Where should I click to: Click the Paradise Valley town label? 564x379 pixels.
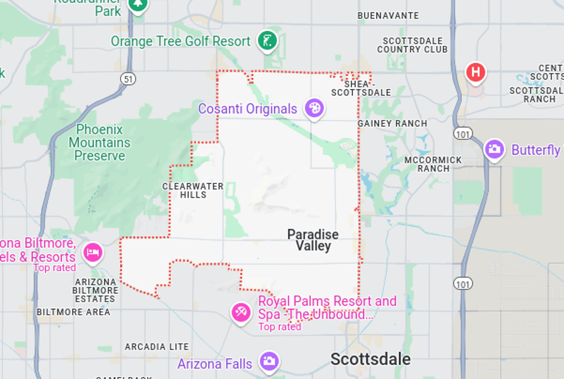point(312,240)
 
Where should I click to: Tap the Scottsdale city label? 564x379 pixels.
point(370,359)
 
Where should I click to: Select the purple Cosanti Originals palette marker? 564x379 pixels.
point(314,108)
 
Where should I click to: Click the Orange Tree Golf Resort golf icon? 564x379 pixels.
point(267,40)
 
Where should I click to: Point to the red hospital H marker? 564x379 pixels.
point(475,72)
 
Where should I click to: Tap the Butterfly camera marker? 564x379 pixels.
point(494,149)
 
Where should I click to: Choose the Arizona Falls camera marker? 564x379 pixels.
point(269,361)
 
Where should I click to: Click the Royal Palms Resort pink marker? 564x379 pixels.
point(241,312)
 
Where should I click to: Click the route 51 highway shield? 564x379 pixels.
point(129,80)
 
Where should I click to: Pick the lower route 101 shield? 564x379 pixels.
point(463,283)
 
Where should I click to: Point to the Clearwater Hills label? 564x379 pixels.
point(193,190)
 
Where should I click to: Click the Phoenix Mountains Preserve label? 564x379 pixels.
point(99,143)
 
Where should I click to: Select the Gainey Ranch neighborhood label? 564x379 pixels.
point(393,123)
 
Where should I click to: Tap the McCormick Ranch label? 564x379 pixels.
point(433,164)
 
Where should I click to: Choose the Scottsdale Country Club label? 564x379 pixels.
point(412,45)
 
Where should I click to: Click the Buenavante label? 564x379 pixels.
point(388,16)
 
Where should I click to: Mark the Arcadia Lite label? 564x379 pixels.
point(157,347)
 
